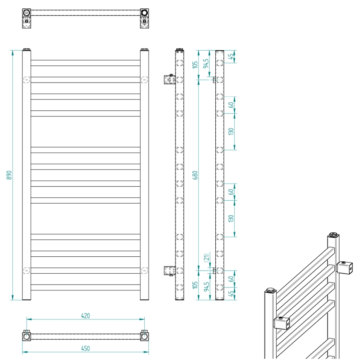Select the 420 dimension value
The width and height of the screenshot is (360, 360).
click(85, 316)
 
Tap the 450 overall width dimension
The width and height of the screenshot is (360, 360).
click(85, 348)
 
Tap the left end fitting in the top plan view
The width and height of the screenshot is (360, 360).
click(27, 18)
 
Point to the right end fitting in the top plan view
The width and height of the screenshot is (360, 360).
click(144, 18)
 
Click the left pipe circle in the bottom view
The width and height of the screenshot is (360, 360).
click(27, 336)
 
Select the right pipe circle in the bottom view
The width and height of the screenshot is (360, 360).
click(144, 336)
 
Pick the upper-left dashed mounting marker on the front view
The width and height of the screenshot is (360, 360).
click(27, 80)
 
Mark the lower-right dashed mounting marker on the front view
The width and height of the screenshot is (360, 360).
click(144, 270)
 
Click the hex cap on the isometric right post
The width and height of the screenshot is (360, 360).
click(334, 235)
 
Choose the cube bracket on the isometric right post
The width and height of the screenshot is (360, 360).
click(345, 268)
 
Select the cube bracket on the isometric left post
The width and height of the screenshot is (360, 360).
click(282, 323)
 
